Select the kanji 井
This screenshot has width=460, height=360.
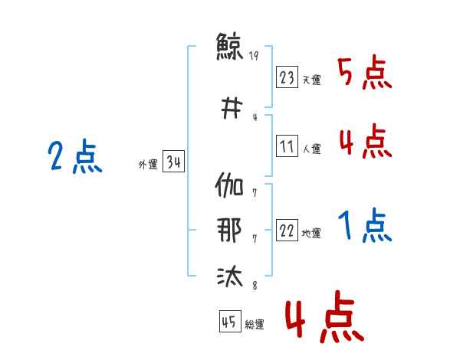(x=230, y=108)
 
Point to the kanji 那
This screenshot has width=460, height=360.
(x=230, y=231)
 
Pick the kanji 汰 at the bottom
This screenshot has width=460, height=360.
(x=230, y=276)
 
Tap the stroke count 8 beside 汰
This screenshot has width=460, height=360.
(x=254, y=286)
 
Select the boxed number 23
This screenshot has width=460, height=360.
(x=287, y=77)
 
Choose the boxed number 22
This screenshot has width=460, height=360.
(x=287, y=231)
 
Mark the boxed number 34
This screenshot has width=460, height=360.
(x=173, y=162)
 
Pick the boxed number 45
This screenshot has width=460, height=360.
(x=229, y=322)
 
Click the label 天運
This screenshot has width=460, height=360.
(x=311, y=80)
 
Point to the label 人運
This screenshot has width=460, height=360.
(x=311, y=149)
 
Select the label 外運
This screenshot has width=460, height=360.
(x=147, y=165)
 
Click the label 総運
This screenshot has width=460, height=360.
(x=254, y=325)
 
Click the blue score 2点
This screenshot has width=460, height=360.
(x=74, y=158)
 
